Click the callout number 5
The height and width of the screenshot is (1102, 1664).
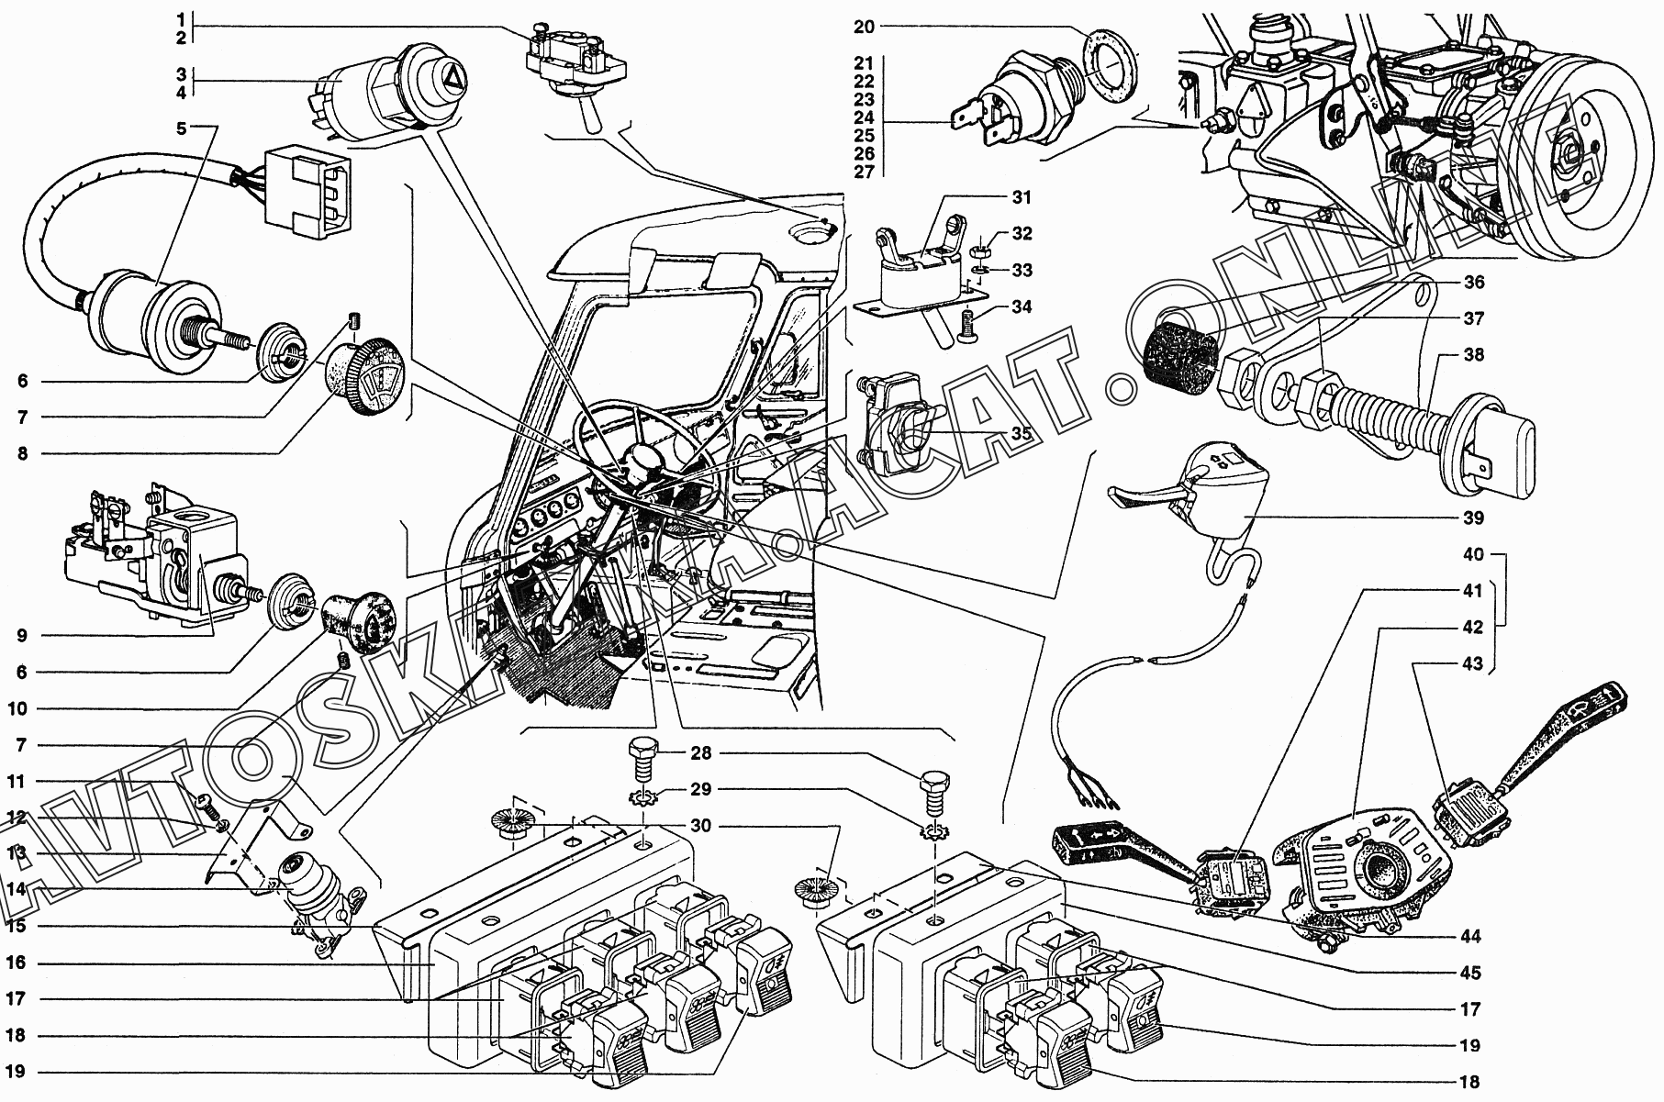[182, 128]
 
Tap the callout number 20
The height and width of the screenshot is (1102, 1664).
[864, 27]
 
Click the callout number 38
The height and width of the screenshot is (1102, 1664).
[1474, 354]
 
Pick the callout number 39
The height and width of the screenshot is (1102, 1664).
[1473, 518]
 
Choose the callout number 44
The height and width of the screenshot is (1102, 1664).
[1471, 937]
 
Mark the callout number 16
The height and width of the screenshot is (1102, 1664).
[19, 963]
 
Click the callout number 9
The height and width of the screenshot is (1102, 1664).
[20, 635]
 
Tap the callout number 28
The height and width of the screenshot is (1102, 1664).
[701, 752]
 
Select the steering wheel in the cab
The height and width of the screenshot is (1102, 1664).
[642, 450]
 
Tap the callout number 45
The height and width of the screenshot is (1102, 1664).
[1471, 973]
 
